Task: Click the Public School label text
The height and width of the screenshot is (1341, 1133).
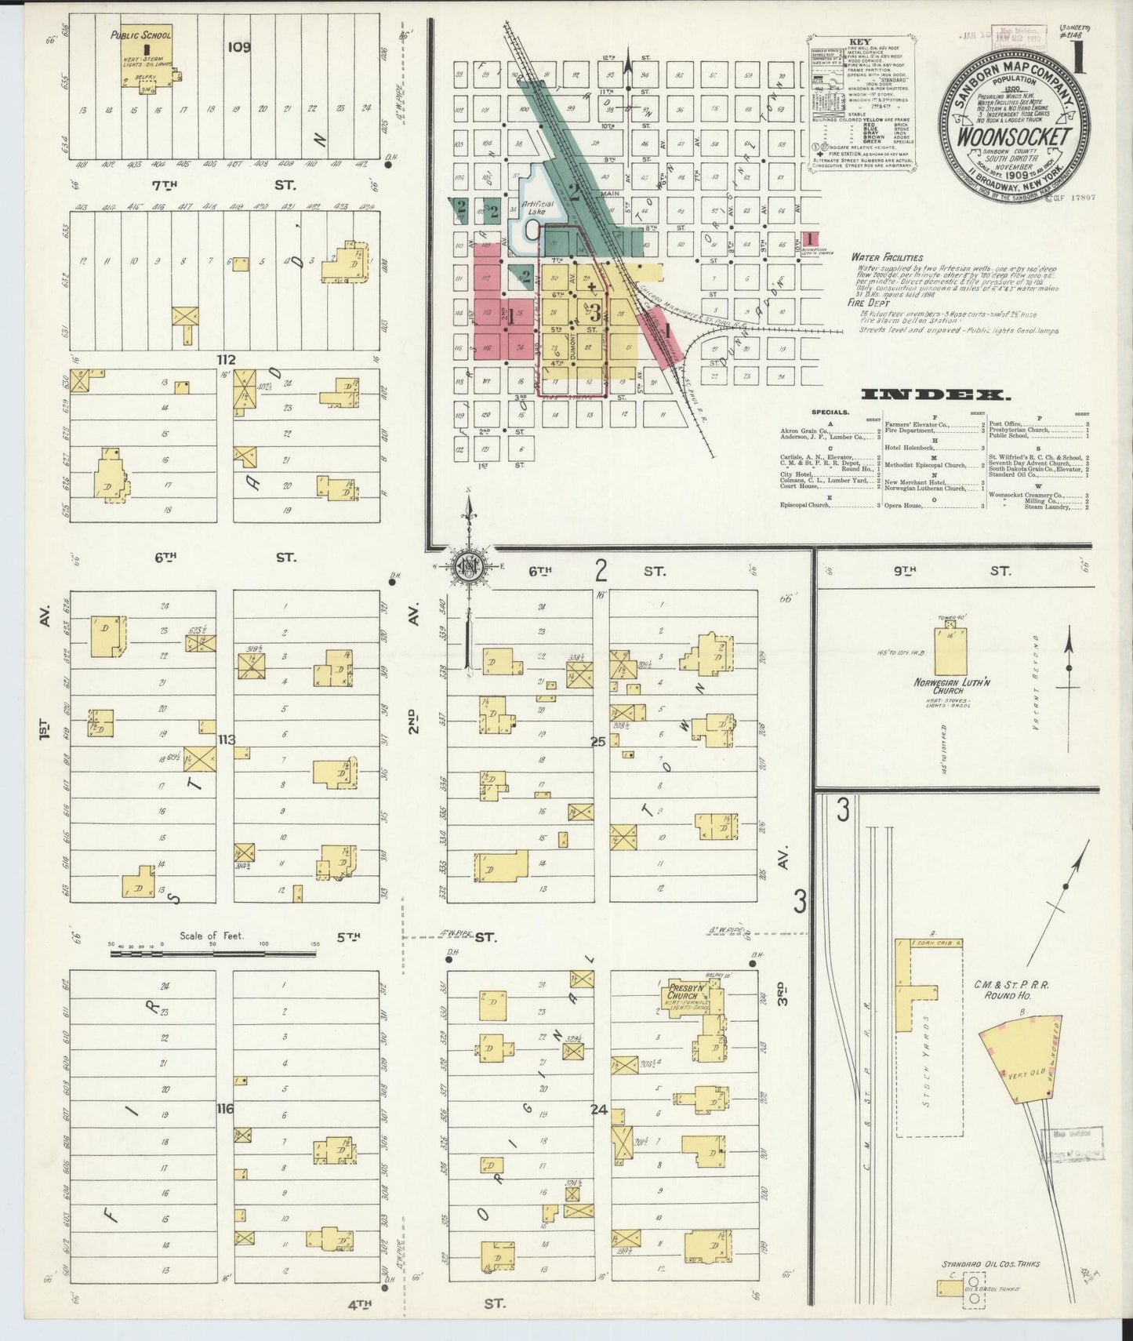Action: point(140,35)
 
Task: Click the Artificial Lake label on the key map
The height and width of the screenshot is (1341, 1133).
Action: point(539,208)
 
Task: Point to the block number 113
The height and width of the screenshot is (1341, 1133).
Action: point(227,739)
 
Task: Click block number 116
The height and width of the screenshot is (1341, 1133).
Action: point(226,1108)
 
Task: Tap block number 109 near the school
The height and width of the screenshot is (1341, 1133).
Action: point(239,47)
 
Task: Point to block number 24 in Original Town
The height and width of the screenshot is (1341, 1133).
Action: point(599,1109)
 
